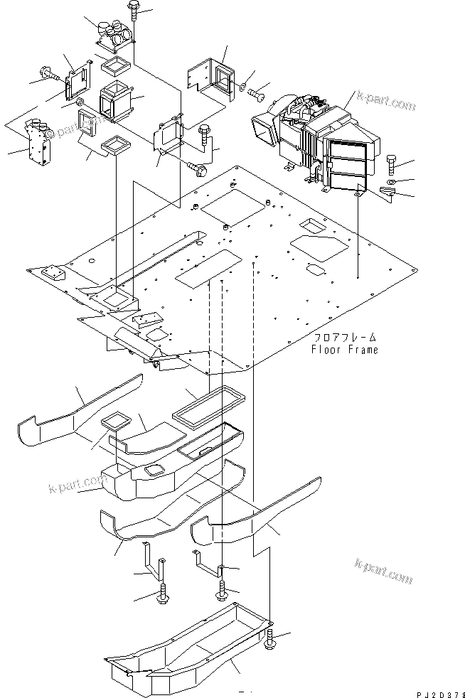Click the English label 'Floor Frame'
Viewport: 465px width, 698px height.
click(344, 350)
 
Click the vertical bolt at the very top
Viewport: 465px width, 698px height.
click(134, 11)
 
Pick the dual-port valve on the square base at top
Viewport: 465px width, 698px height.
click(112, 33)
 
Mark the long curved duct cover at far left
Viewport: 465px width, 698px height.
click(71, 412)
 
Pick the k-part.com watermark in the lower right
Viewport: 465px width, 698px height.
click(384, 571)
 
